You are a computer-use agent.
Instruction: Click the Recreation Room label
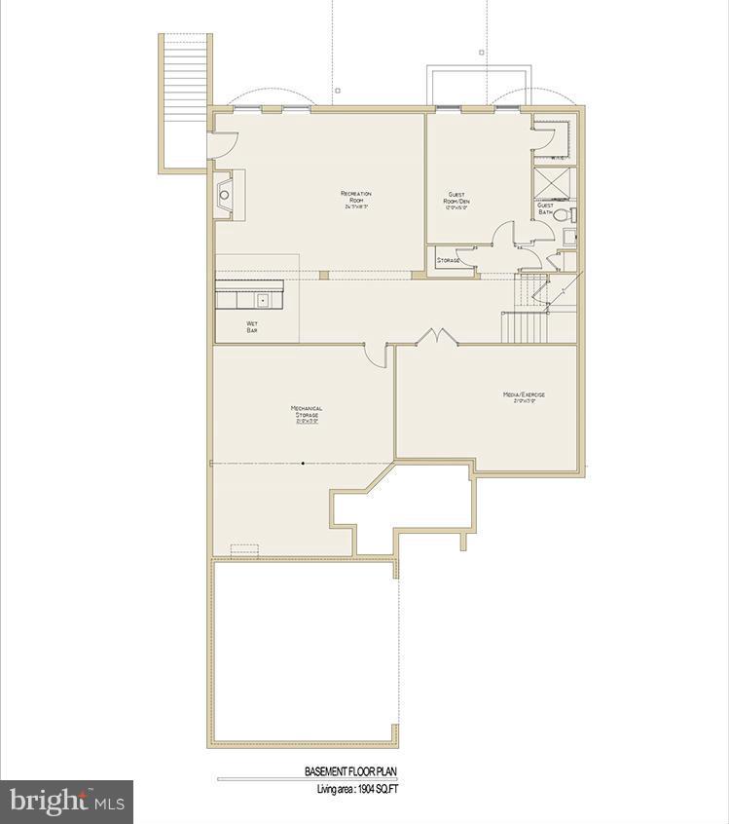coord(355,199)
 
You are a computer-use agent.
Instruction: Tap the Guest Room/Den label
coord(458,199)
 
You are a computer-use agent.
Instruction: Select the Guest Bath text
coord(545,208)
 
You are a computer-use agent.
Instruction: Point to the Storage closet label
coord(449,261)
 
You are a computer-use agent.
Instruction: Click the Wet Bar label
coord(252,327)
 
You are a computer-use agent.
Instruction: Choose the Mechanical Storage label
coord(307,415)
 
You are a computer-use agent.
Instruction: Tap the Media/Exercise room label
coord(524,396)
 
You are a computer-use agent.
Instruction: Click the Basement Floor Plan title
coord(351,771)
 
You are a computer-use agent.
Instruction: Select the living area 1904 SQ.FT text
coord(357,789)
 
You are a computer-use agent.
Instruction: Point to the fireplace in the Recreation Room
coord(227,195)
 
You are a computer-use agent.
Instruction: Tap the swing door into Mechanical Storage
coord(375,354)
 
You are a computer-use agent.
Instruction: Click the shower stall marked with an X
coord(552,182)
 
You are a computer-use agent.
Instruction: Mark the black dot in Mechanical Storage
coord(303,463)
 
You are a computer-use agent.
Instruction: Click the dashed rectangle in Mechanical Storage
coord(244,548)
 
